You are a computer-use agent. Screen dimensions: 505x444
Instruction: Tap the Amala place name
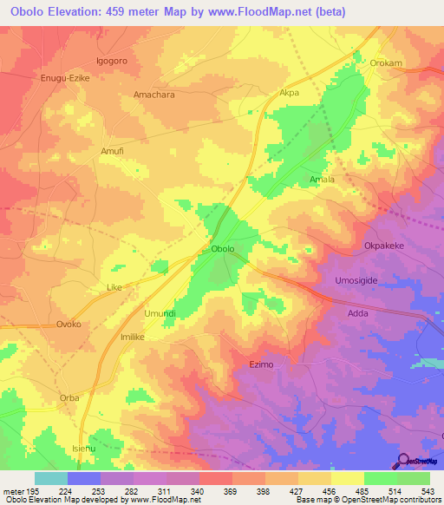[x=323, y=180]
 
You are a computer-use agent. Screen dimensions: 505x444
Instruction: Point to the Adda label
[x=357, y=312]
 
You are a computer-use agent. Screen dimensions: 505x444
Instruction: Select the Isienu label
[x=84, y=448]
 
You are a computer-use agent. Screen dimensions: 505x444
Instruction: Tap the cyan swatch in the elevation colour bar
[x=51, y=478]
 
